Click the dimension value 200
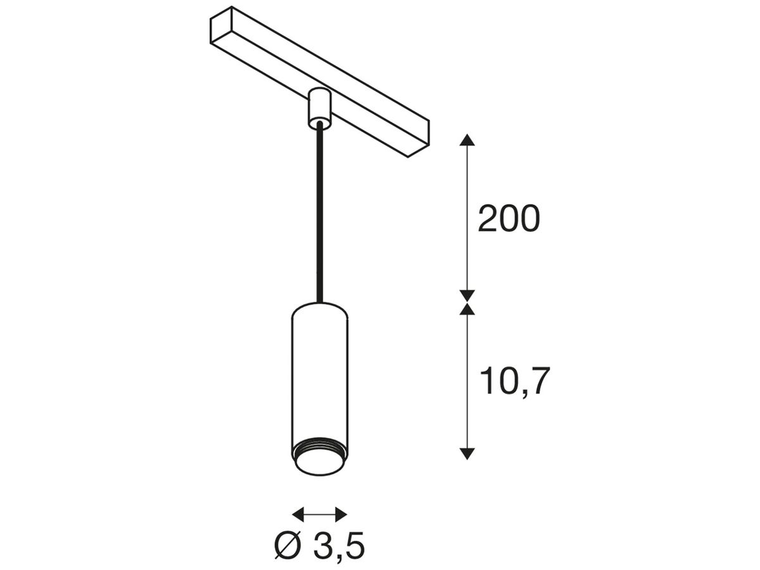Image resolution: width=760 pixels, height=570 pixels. (509, 219)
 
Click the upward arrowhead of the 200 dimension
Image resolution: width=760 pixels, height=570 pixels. (467, 141)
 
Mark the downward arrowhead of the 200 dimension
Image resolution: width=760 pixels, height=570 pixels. (467, 294)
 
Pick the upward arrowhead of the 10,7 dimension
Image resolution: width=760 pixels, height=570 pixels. (467, 309)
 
